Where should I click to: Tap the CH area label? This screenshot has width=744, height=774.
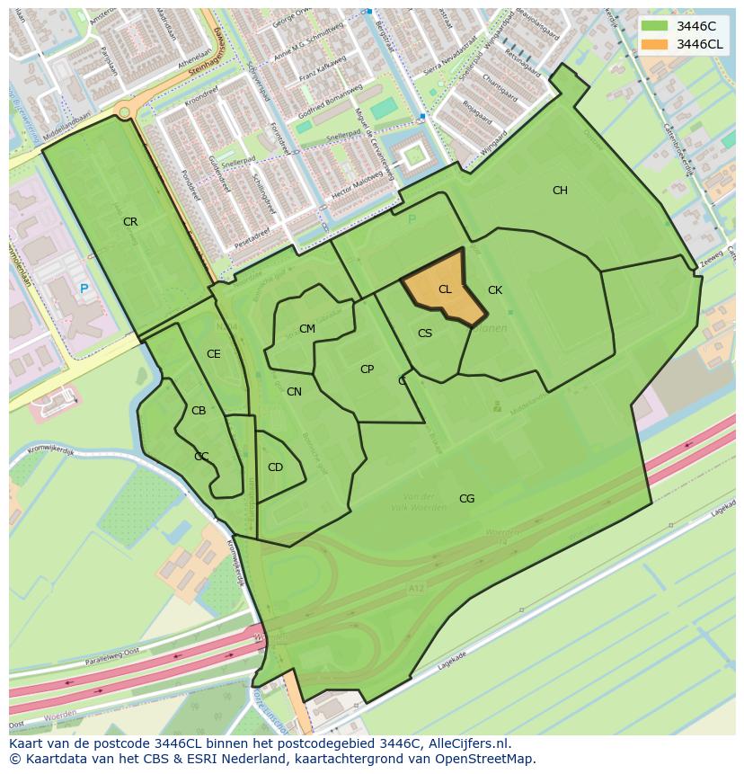click(x=560, y=191)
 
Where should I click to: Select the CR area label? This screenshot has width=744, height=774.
click(x=130, y=222)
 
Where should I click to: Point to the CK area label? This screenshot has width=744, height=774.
click(x=494, y=290)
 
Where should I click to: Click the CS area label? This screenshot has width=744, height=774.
click(x=425, y=334)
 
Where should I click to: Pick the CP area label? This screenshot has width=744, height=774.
click(x=367, y=369)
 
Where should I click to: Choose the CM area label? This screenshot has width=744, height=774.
click(x=307, y=329)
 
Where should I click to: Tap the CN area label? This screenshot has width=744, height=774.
click(x=294, y=392)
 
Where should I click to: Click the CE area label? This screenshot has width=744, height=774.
click(x=213, y=354)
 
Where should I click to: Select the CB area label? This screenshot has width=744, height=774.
click(x=199, y=411)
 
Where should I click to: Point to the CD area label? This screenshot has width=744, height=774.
click(x=275, y=467)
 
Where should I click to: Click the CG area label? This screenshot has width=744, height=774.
click(x=466, y=499)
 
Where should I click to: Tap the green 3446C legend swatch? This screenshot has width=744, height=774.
click(x=655, y=26)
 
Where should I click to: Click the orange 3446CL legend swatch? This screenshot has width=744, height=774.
click(x=655, y=44)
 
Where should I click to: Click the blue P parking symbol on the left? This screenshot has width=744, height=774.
click(x=84, y=289)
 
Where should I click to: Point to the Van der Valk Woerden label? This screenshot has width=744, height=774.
click(x=419, y=502)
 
